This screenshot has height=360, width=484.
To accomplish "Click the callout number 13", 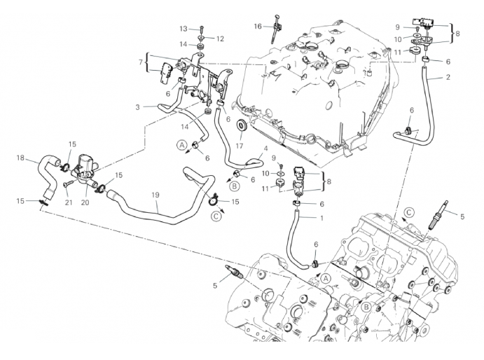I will (183, 29).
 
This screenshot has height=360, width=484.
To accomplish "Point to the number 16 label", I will (258, 27).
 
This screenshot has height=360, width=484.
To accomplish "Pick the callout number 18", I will (21, 158).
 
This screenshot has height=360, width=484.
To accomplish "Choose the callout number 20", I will (85, 202).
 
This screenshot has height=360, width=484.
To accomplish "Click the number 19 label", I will (155, 195).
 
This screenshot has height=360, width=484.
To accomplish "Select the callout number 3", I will (137, 106).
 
